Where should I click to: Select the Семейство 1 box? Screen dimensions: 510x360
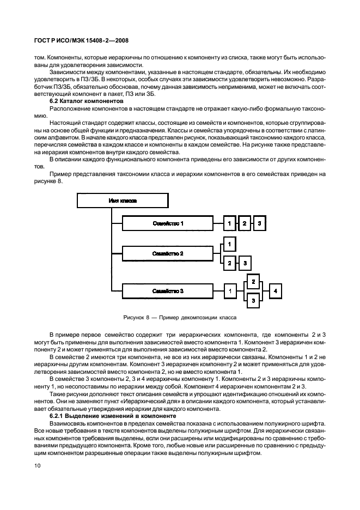point(167,223)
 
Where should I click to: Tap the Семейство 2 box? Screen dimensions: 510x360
point(167,253)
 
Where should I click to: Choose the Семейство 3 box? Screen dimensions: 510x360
point(167,292)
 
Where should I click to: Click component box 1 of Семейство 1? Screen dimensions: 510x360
point(230,223)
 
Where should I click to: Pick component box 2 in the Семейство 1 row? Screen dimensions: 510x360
point(245,223)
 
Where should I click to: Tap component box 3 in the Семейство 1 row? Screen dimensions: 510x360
point(260,223)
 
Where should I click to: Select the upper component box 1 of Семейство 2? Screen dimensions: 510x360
point(230,244)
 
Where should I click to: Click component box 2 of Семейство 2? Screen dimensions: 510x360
point(230,263)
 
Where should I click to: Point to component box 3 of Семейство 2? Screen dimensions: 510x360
point(245,263)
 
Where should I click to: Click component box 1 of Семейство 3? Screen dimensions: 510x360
point(230,292)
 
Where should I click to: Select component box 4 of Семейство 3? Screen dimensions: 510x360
point(276,292)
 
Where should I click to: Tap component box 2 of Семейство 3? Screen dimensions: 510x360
point(253,282)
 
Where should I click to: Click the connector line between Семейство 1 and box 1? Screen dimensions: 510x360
point(218,223)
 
